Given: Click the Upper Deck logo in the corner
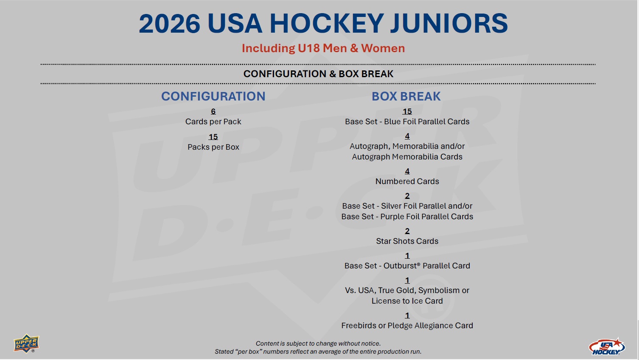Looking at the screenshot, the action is point(26,343).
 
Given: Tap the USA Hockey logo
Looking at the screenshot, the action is point(607,346).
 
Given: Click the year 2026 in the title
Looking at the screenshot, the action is point(169,23).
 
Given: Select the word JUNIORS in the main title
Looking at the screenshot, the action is point(449,23).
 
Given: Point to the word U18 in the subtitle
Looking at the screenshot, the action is point(308,48).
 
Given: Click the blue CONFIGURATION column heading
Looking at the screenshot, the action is point(213,96).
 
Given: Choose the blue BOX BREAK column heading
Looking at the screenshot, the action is point(406,96).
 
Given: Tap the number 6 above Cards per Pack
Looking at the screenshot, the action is point(213,111).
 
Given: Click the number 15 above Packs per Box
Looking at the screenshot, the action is point(213,137).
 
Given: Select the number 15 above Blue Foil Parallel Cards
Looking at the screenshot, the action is point(407,111).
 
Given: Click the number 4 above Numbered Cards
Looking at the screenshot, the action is point(407,171).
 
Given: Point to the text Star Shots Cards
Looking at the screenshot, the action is point(407,241).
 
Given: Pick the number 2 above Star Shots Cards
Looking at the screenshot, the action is point(407,231).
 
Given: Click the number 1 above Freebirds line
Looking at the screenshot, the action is point(407,315).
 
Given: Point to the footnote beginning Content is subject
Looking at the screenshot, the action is point(318,343).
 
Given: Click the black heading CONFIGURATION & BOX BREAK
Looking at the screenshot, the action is point(318,74).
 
